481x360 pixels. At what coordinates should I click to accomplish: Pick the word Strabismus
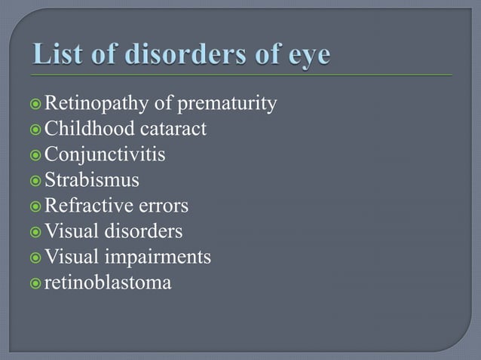[92, 180]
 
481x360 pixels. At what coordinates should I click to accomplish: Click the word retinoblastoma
[108, 283]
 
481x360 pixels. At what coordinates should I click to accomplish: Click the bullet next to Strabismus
[35, 181]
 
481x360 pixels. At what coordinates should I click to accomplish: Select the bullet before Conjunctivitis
[35, 155]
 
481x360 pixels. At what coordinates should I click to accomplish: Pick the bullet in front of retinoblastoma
[35, 284]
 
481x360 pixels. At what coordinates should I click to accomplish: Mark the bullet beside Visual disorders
[35, 232]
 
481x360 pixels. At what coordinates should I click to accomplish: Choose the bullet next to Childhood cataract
[35, 130]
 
